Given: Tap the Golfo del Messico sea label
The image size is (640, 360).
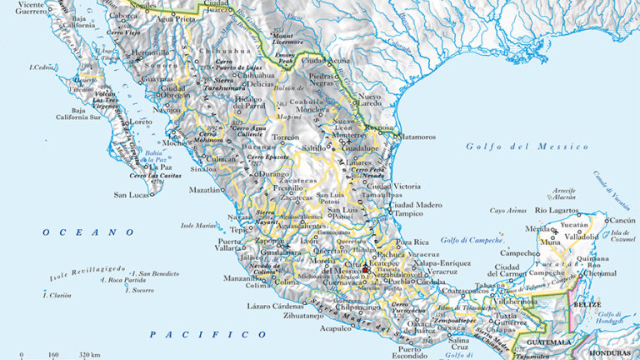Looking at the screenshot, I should point(538,147).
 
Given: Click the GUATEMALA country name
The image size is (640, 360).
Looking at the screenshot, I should point(545,342).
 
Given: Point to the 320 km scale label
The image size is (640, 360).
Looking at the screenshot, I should point(89,355).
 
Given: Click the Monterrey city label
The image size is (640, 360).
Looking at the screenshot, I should point(349,135).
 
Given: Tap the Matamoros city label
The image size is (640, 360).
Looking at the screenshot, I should point(416,137).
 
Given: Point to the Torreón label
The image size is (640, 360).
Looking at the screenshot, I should point(286,137).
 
